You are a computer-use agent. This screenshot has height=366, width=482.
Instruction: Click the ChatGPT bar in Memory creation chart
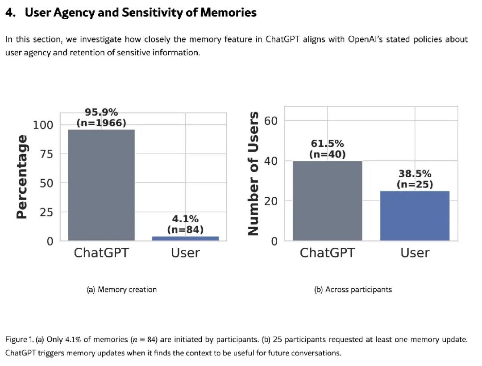(x=101, y=185)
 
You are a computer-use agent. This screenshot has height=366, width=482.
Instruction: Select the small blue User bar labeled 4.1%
(x=185, y=238)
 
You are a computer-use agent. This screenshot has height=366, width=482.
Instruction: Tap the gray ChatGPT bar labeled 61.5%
(x=328, y=201)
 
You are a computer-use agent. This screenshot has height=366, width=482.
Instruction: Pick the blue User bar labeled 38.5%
(x=415, y=216)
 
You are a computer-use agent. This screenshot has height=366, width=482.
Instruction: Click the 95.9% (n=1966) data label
(x=101, y=117)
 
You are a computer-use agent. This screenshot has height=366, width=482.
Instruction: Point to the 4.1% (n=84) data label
(x=185, y=224)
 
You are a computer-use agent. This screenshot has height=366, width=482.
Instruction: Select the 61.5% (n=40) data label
(x=328, y=149)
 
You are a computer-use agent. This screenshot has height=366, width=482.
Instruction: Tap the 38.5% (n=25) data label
(x=415, y=179)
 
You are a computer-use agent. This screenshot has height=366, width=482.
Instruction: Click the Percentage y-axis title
(x=21, y=177)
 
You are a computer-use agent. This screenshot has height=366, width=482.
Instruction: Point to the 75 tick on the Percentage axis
(x=46, y=154)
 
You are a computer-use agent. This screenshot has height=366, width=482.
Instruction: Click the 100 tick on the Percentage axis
(x=43, y=125)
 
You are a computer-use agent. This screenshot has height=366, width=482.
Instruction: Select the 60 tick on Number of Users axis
(x=271, y=121)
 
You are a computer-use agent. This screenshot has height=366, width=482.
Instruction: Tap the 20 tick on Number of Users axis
(x=271, y=201)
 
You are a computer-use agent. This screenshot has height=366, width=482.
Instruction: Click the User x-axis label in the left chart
(x=185, y=253)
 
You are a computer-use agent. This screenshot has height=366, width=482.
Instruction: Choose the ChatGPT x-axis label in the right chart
(x=328, y=253)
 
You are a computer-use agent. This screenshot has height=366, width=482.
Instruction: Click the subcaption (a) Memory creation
(x=122, y=290)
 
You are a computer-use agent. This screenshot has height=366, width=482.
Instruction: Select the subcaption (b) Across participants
(x=353, y=290)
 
